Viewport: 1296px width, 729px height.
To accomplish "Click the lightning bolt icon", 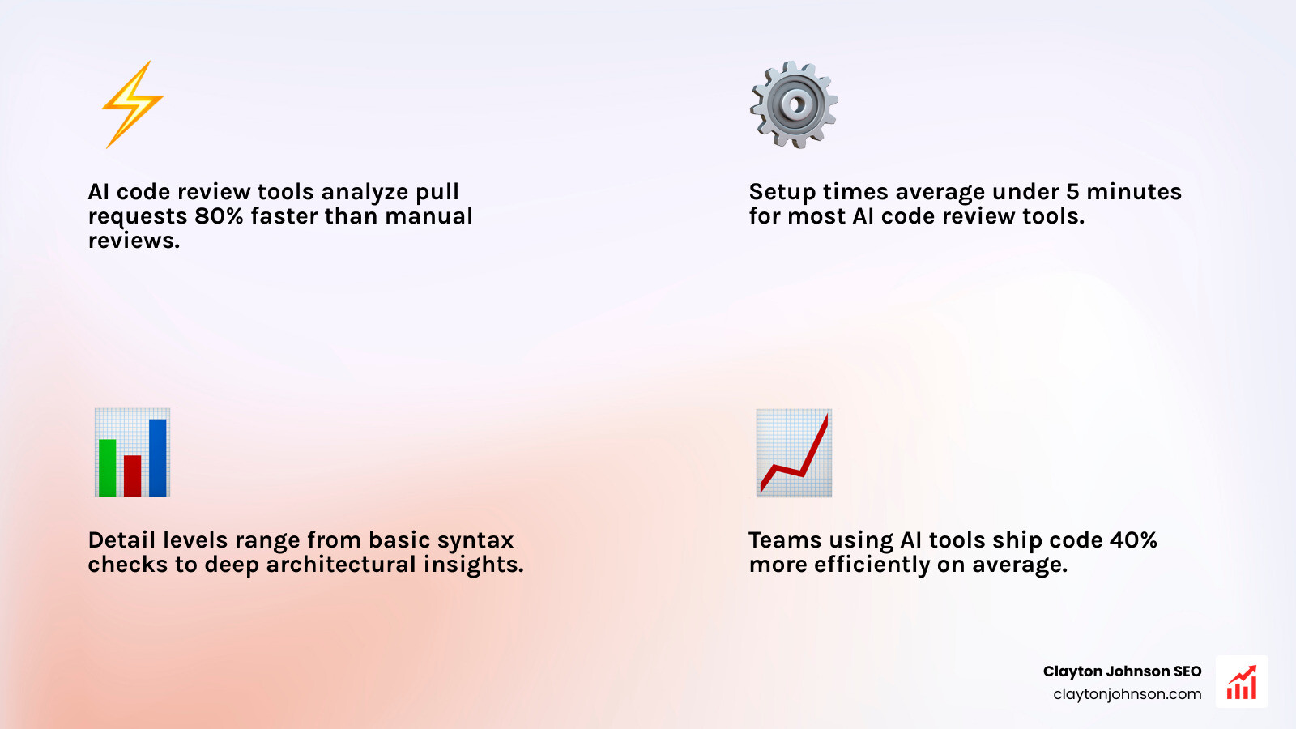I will [x=132, y=104].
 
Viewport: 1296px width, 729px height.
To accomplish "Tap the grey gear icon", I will [x=794, y=104].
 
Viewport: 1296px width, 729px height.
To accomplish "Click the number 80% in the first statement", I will [x=220, y=216].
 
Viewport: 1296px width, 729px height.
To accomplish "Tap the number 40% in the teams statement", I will [x=1133, y=540].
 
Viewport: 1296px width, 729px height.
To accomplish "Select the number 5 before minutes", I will [x=1072, y=192].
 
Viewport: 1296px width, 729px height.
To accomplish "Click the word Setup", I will [x=782, y=193].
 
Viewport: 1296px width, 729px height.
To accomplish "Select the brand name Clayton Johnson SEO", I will [x=1122, y=671].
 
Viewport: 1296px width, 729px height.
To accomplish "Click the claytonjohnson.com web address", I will [x=1127, y=694].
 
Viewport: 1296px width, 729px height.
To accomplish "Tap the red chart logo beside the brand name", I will [x=1242, y=682].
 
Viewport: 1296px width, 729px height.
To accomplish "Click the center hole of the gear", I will [x=795, y=104].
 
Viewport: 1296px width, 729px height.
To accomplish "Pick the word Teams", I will [x=781, y=540].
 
